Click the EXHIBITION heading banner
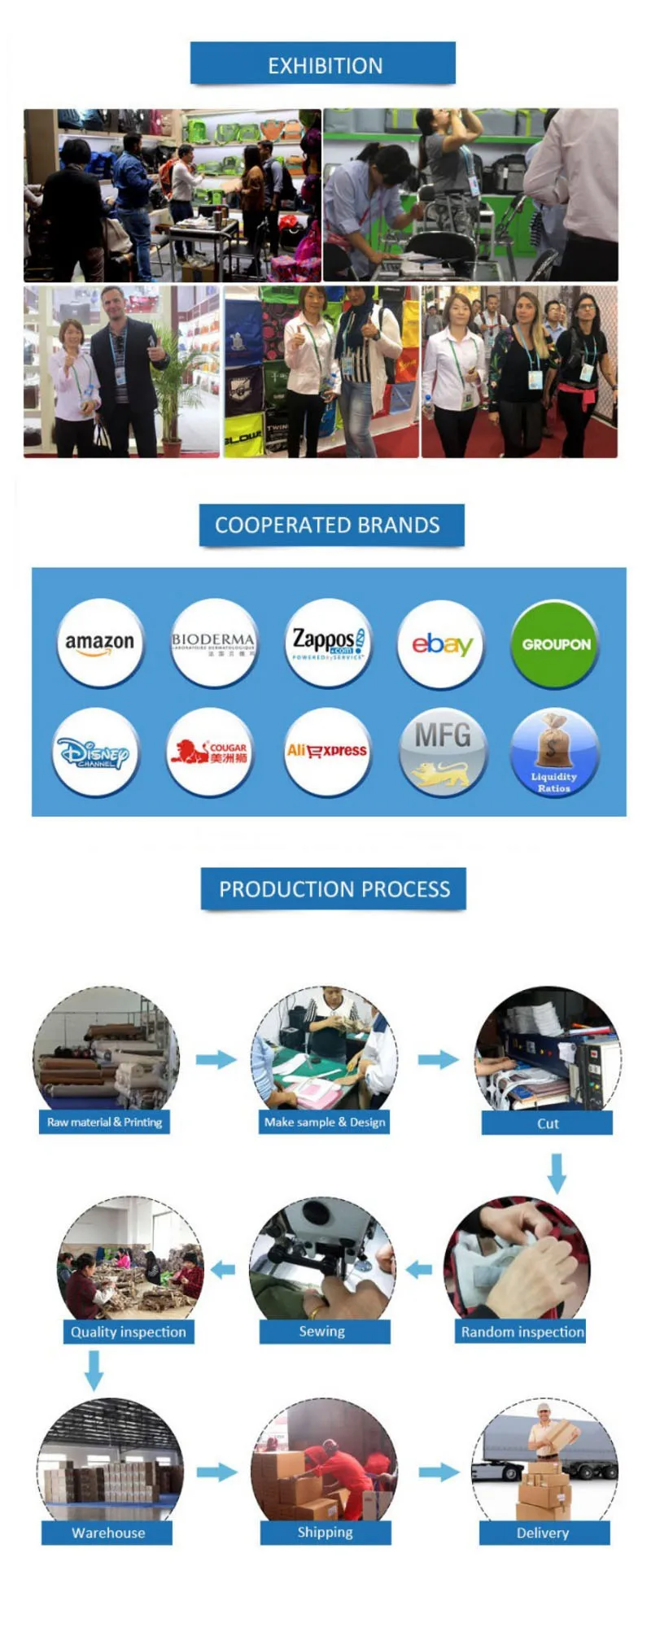point(323,64)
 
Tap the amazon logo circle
point(100,643)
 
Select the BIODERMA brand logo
point(213,643)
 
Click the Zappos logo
point(328,643)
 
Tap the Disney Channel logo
point(95,752)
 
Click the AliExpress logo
point(326,751)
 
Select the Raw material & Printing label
point(105,1122)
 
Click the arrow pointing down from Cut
point(557,1172)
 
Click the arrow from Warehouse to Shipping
point(216,1472)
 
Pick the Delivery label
point(544,1533)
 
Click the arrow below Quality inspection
point(94,1370)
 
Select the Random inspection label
point(522,1332)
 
